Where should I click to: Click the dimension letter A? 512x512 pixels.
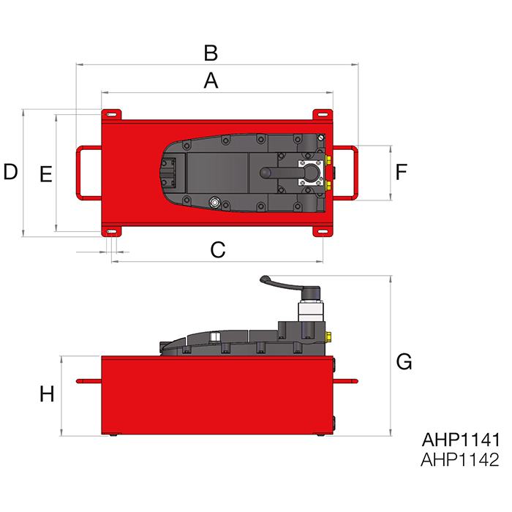(x=211, y=80)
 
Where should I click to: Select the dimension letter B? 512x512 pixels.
(x=211, y=53)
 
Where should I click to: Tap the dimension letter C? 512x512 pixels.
(x=217, y=250)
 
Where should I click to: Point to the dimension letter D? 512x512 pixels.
(x=10, y=173)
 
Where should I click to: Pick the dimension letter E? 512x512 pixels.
(x=45, y=175)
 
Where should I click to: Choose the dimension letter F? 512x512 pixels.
(x=401, y=173)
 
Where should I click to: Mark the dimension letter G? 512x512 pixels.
(x=404, y=361)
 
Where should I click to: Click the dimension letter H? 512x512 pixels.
(x=47, y=395)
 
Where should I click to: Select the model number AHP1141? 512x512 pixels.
(x=460, y=440)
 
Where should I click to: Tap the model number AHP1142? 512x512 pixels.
(x=460, y=460)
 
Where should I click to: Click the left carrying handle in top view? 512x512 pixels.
(x=84, y=173)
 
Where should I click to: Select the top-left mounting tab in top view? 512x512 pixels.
(x=112, y=115)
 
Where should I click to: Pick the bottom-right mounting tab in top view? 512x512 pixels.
(x=323, y=230)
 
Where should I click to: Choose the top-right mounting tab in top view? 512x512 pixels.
(x=323, y=115)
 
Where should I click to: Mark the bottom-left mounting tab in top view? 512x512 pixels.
(x=112, y=231)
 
